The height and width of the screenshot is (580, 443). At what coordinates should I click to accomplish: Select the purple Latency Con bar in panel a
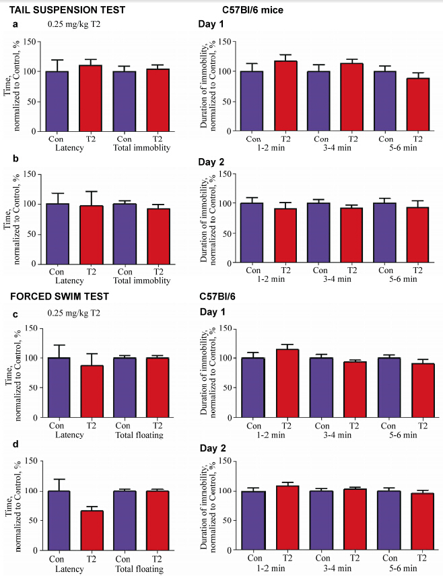pos(57,101)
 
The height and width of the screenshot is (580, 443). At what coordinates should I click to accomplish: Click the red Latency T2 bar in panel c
pos(92,391)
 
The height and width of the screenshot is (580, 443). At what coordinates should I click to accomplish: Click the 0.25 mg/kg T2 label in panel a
pos(75,25)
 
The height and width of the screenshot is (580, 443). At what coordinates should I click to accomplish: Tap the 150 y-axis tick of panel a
pos(27,42)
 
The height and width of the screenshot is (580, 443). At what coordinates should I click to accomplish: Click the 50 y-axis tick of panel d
pos(29,520)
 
